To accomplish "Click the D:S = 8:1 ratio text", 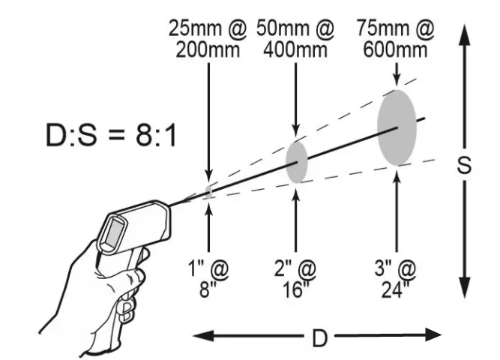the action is [x=111, y=135].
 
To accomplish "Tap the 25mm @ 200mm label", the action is [x=208, y=39].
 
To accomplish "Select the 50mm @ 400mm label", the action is [x=295, y=39].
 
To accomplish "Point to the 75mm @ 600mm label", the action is [x=395, y=39].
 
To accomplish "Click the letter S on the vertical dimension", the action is [x=464, y=165].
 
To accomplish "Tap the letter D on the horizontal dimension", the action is [x=319, y=338].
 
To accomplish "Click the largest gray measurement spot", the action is [x=397, y=127].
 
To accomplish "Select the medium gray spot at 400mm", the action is [x=297, y=162].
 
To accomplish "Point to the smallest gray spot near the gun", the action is [x=208, y=191].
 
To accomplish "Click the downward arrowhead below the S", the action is [x=464, y=288].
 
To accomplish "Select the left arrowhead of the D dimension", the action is [x=203, y=336].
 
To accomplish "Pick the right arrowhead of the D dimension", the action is [x=431, y=334].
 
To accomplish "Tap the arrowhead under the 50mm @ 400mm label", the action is [x=295, y=131].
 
